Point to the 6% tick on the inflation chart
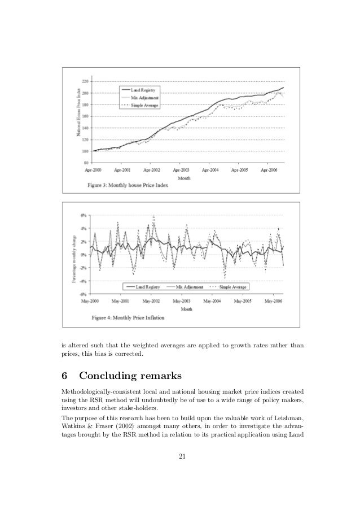pos(83,215)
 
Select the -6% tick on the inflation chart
pos(82,294)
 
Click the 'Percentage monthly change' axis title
pos(73,255)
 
